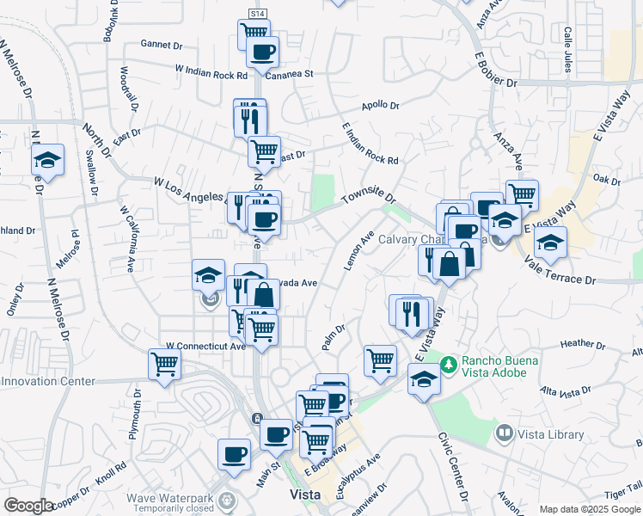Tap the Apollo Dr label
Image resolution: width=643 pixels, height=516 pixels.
(x=380, y=106)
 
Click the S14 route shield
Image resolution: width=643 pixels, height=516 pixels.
(x=257, y=14)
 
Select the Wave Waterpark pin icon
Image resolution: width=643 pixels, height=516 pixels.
(x=226, y=499)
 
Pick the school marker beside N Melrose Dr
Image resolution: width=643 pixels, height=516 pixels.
(x=48, y=159)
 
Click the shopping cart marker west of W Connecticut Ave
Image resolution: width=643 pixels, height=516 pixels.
(x=163, y=362)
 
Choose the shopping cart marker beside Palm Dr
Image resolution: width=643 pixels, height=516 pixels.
(x=379, y=359)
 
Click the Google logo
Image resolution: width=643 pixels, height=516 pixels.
(x=28, y=506)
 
